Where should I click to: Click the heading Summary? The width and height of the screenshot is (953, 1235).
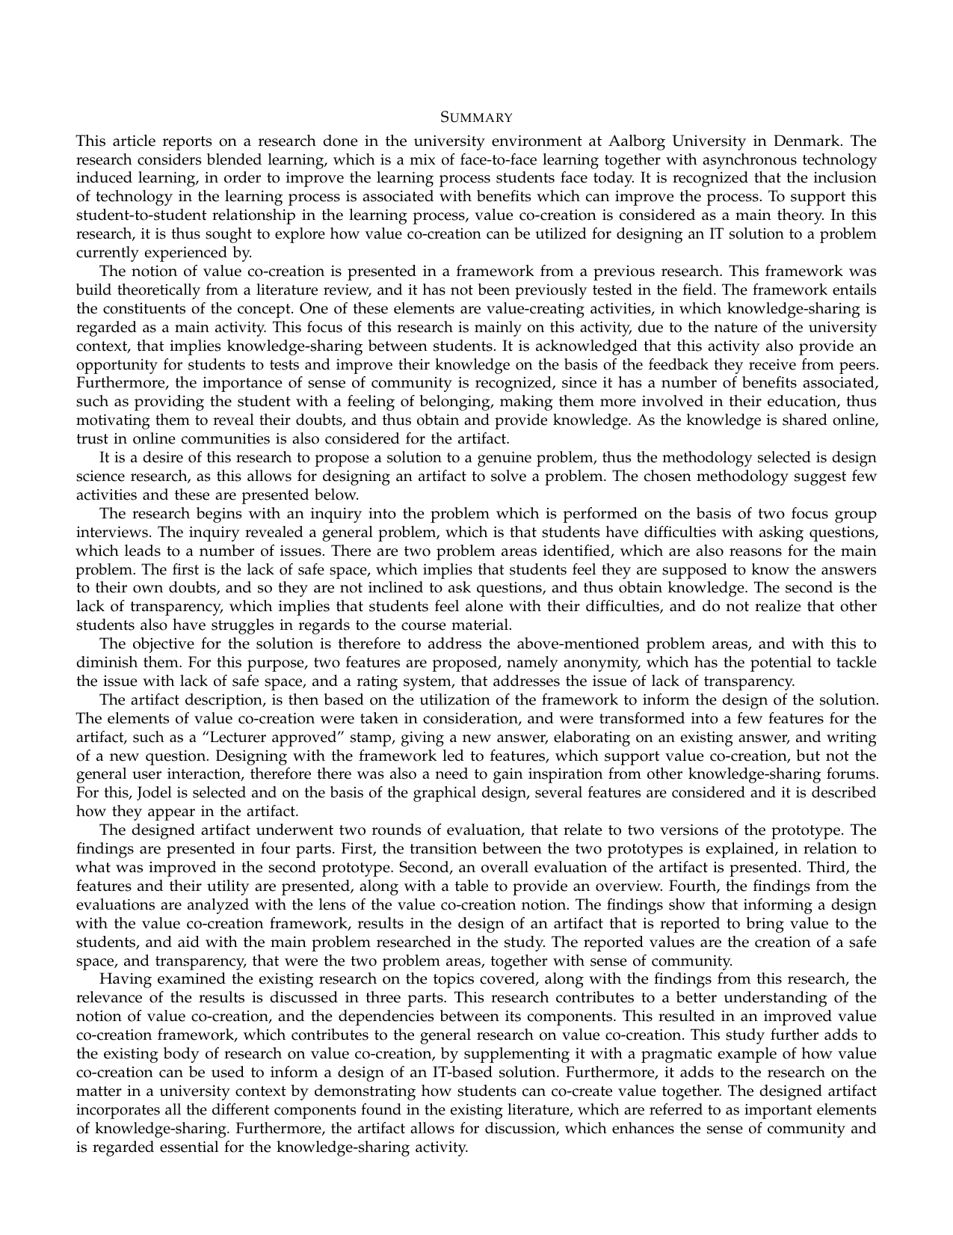(475, 117)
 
